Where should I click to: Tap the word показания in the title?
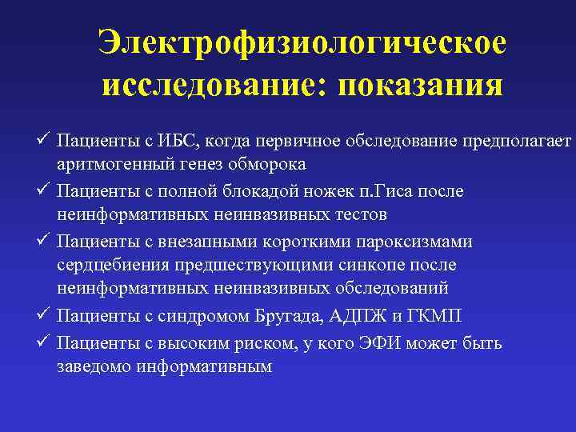pos(421,84)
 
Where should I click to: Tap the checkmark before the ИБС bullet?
pos(45,140)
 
